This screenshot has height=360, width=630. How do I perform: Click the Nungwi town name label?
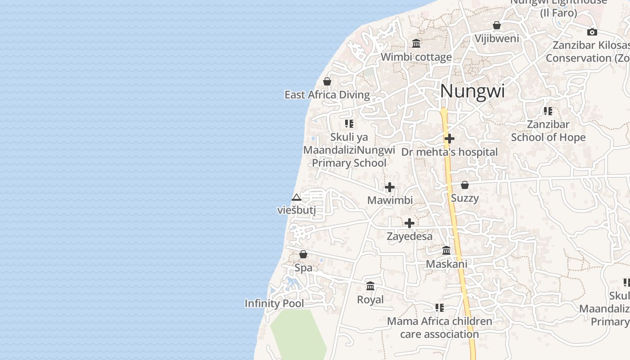click(x=472, y=91)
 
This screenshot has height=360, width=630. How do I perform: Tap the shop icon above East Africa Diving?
click(x=327, y=81)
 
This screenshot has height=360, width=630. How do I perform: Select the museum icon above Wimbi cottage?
click(x=416, y=44)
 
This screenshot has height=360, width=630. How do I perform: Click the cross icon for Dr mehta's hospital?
click(x=449, y=139)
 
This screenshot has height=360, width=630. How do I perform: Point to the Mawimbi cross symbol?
click(x=390, y=187)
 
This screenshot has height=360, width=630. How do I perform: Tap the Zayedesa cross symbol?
click(x=409, y=223)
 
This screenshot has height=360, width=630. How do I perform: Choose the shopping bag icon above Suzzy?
click(x=465, y=185)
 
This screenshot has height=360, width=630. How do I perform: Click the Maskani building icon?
click(x=446, y=251)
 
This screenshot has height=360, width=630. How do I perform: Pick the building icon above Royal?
click(x=370, y=286)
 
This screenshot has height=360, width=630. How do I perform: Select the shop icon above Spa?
click(x=303, y=254)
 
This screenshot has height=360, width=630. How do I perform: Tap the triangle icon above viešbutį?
click(x=296, y=197)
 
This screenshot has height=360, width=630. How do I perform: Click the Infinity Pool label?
click(x=274, y=303)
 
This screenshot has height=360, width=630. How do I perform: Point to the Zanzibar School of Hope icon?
click(x=548, y=111)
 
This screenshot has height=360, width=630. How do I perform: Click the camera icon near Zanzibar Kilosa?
click(x=592, y=32)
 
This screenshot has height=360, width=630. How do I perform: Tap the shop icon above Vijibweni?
click(x=497, y=25)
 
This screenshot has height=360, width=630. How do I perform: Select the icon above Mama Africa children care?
click(x=440, y=308)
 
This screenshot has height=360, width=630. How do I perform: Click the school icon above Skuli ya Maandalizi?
click(x=349, y=123)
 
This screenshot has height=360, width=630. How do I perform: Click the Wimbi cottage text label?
click(x=416, y=57)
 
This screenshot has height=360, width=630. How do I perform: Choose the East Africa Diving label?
click(x=327, y=95)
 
